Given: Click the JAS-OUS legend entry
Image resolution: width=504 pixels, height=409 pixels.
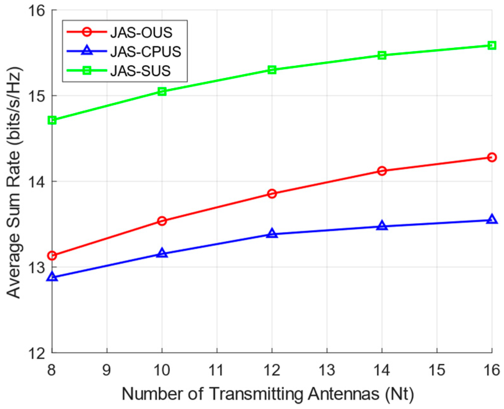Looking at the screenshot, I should [141, 32].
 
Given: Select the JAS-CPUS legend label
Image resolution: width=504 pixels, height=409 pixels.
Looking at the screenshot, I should [146, 51].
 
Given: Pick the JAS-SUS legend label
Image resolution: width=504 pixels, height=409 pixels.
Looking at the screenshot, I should [140, 71].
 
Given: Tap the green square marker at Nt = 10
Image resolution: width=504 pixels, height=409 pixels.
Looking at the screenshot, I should [162, 91].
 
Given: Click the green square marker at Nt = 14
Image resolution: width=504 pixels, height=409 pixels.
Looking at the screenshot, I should [382, 55].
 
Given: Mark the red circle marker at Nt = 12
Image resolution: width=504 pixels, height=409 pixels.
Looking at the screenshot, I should [272, 193].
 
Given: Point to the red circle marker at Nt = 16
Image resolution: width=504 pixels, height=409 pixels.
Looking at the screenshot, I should [492, 157].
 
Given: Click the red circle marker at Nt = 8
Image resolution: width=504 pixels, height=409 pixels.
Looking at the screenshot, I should [52, 256].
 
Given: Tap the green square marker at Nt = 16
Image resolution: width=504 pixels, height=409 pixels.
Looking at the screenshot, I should [492, 45].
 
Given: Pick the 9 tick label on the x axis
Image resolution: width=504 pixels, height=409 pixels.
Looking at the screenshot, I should [107, 370].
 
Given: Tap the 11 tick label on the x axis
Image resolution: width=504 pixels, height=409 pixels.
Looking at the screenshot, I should [217, 370].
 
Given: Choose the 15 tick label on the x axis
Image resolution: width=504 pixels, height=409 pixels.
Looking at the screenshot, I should [436, 370].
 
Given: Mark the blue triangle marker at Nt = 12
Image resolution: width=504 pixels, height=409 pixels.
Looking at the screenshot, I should [272, 233].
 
